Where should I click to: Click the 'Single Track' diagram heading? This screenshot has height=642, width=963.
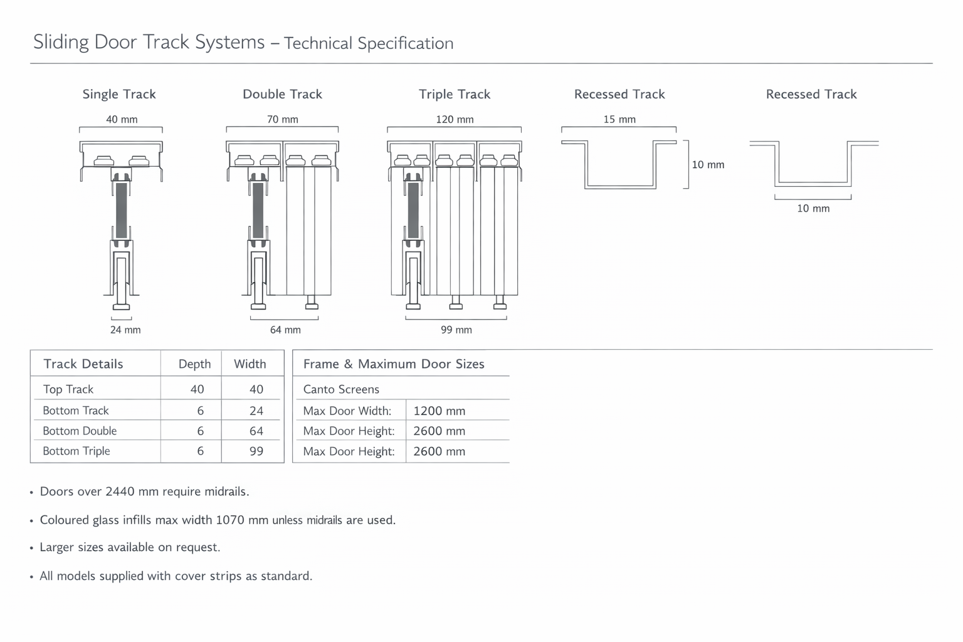pos(119,94)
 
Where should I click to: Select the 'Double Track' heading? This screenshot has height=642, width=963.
pos(282,94)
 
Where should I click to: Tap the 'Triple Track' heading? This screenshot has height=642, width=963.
pos(455,94)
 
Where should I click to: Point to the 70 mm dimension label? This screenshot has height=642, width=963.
pos(283,119)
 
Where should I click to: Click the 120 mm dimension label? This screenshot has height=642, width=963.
pos(455,119)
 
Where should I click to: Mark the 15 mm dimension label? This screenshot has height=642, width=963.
pos(619,119)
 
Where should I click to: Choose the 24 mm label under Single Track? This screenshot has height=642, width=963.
pos(125,330)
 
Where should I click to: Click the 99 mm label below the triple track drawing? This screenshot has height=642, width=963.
pos(456,330)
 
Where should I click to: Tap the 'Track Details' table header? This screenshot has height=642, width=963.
pos(83,364)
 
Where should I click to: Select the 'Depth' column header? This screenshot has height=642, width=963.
pos(194,364)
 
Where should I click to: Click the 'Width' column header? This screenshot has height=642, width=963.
pos(250,364)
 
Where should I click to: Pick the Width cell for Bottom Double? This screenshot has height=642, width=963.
pos(256,431)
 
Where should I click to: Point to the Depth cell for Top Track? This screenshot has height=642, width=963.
pos(197,389)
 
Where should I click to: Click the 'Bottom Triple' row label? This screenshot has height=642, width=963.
pos(76,451)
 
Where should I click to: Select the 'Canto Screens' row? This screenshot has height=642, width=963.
pos(341,389)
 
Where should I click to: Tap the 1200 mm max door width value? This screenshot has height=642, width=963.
pos(439,411)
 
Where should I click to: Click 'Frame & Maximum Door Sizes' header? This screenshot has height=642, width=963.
pos(394,364)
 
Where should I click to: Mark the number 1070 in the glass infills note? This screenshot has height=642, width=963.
pos(230,520)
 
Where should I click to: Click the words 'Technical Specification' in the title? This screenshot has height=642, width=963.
pos(369,43)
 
